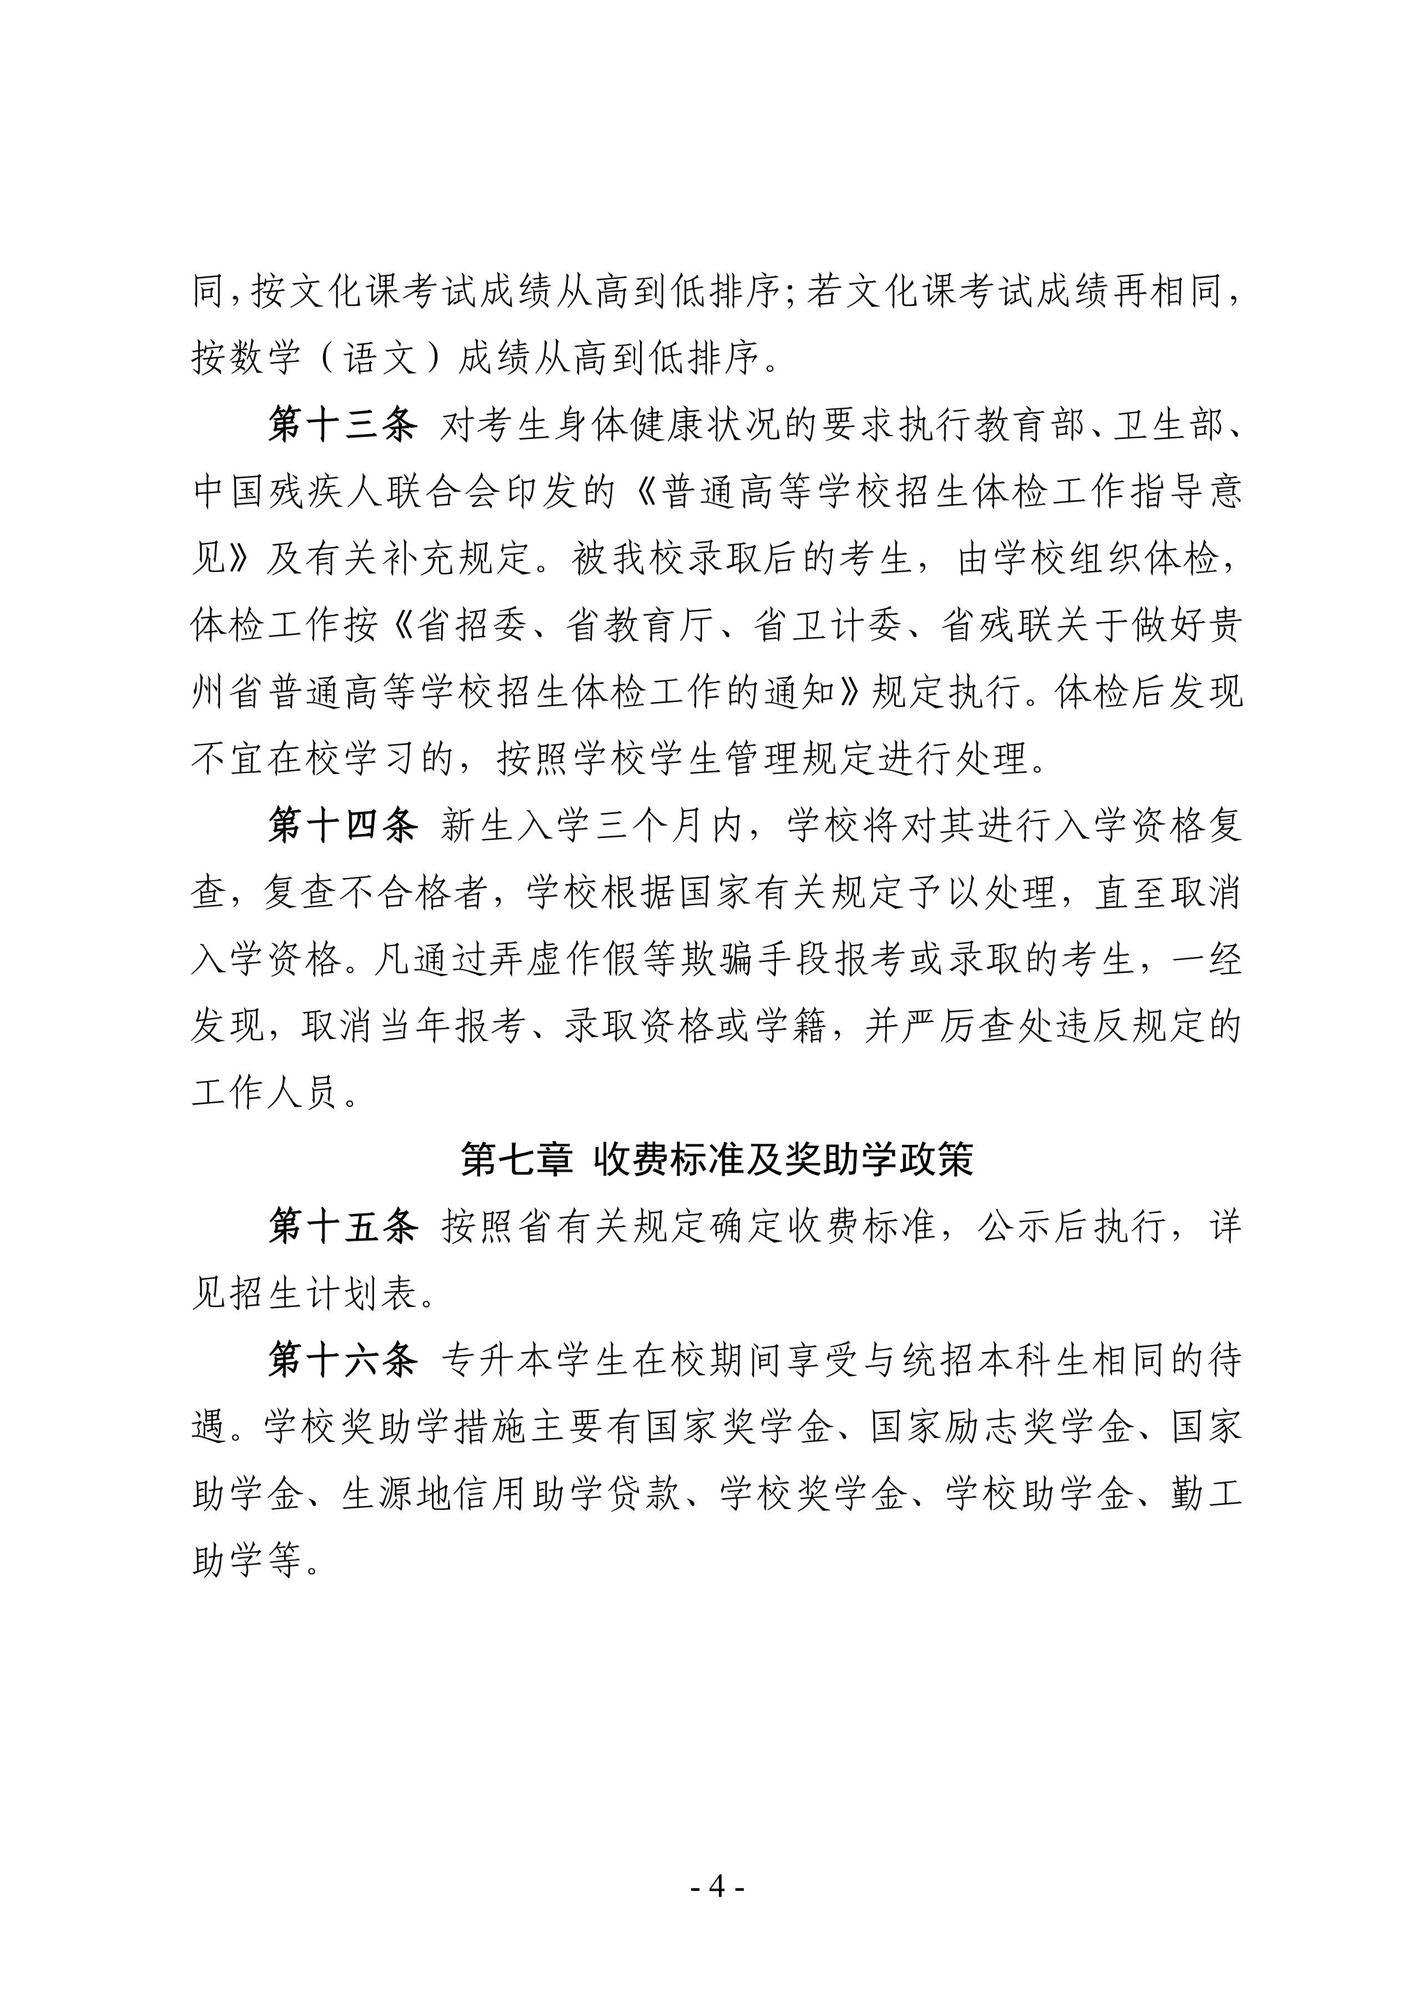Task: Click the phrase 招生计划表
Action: click(x=324, y=1293)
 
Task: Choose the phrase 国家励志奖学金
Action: click(x=1000, y=1427)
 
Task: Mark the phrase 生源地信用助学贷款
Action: click(x=512, y=1493)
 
